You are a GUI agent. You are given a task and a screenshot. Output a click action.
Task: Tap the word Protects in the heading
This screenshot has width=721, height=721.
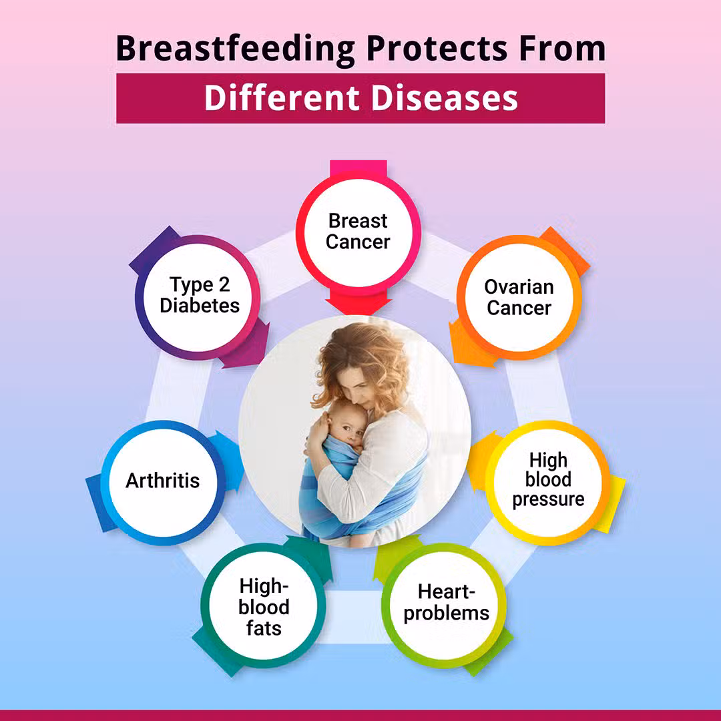tap(437, 49)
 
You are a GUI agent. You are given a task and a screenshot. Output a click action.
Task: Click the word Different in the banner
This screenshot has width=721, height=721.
tap(282, 98)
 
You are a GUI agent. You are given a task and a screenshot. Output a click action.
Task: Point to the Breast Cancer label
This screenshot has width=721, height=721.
tap(358, 231)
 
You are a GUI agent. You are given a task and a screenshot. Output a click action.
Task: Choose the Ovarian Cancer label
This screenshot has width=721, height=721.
tap(519, 298)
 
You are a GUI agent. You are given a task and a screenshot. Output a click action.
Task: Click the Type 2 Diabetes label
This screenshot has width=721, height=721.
tap(200, 295)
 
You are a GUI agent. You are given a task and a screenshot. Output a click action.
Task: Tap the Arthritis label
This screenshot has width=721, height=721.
tap(163, 481)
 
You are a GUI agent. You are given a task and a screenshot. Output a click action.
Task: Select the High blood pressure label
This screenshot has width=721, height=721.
tap(548, 479)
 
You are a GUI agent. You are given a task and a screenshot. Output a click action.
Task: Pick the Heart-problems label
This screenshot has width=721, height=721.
tap(447, 603)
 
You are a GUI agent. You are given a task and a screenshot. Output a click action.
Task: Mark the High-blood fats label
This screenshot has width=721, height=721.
tap(264, 607)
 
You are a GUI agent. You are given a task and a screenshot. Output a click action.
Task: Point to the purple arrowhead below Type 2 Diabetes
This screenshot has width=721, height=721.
tap(248, 347)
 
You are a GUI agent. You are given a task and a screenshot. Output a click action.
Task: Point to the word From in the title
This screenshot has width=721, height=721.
tap(562, 49)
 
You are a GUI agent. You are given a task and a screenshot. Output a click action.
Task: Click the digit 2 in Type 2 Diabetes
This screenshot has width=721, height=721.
tap(224, 285)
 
